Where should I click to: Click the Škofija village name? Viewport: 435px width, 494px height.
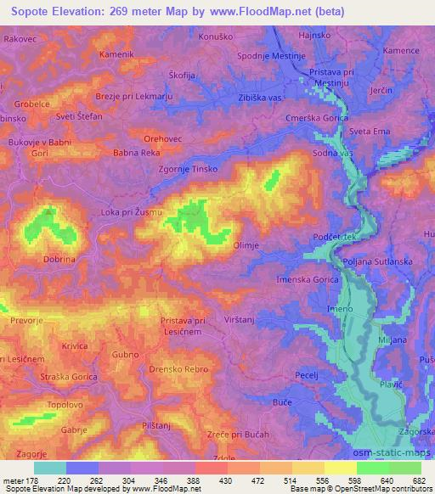coord(183,75)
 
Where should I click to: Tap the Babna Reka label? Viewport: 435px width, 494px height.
coord(138,154)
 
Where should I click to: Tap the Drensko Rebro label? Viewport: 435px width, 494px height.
coord(178,369)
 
